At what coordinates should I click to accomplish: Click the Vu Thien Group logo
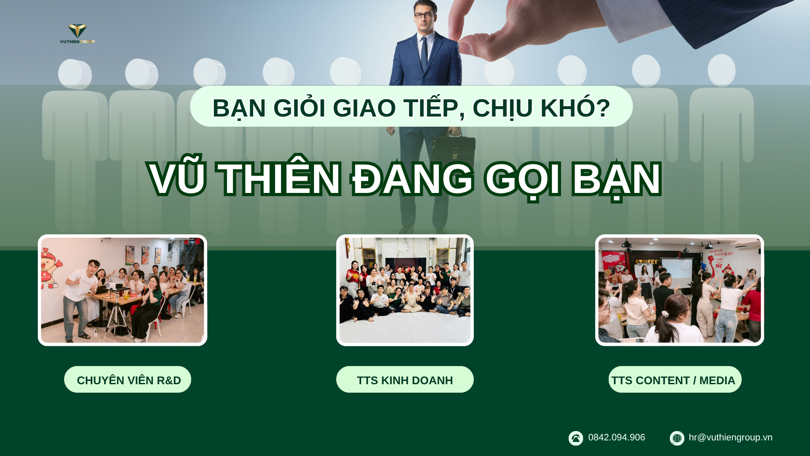77,34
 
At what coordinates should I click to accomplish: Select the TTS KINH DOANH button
405,380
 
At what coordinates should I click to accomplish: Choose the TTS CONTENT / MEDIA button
675,380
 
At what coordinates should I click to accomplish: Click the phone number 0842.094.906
616,437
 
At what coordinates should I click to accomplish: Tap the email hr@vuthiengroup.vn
730,437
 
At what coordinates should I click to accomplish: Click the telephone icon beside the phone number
575,438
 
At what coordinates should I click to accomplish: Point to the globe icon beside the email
677,438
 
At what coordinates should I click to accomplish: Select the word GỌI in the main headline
523,179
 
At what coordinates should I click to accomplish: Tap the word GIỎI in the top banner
299,108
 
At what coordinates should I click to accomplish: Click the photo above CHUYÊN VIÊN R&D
122,290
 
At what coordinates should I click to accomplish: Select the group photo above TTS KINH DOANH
405,290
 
